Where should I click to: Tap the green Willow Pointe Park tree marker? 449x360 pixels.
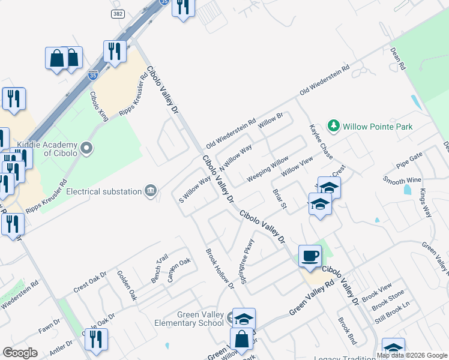coord(334,126)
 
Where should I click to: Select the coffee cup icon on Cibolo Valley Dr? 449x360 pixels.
coord(310,256)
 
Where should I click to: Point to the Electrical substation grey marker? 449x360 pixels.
coord(151,191)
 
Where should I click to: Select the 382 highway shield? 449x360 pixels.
coord(117,13)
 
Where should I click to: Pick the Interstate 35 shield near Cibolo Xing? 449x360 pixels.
coord(92,75)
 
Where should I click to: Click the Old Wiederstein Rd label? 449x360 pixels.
coord(231,133)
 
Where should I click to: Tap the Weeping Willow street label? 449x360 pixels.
coord(268,170)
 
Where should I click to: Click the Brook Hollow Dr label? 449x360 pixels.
coord(219,269)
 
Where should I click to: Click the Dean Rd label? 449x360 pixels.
coord(399,59)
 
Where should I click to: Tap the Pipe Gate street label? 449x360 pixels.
coord(409,160)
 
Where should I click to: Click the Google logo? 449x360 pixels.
coord(20,353)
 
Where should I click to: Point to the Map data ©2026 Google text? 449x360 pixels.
coord(412,355)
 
